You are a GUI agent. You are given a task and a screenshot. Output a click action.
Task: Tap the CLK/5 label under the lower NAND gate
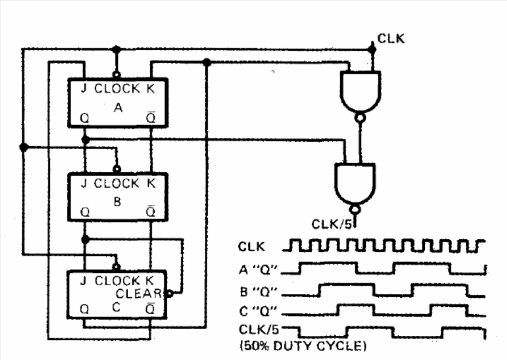click(x=330, y=224)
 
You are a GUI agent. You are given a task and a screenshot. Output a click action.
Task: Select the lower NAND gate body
click(x=354, y=181)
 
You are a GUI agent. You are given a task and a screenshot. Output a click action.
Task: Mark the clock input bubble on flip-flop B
click(x=117, y=169)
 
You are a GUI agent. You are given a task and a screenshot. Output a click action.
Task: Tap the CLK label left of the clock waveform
click(x=250, y=246)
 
